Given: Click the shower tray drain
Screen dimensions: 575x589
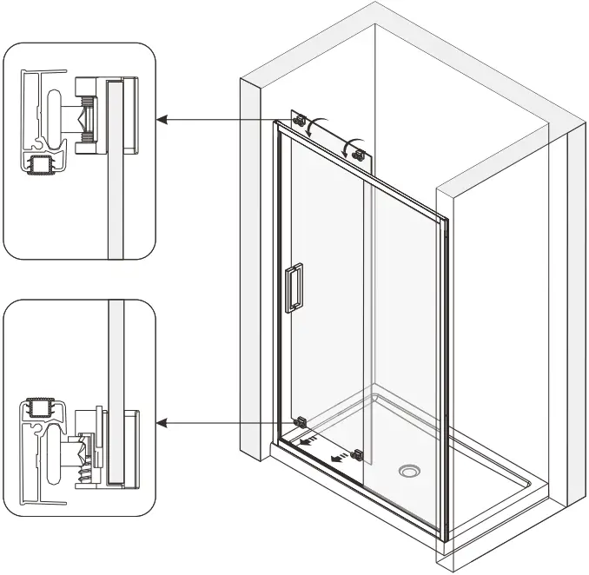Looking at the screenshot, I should [410, 472].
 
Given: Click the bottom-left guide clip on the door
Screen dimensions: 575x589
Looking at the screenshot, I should [301, 422].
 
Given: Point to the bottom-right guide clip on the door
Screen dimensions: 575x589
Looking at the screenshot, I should [356, 453].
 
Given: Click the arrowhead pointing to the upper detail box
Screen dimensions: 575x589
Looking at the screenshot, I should [162, 119].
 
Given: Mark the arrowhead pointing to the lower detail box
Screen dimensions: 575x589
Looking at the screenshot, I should [162, 423].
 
